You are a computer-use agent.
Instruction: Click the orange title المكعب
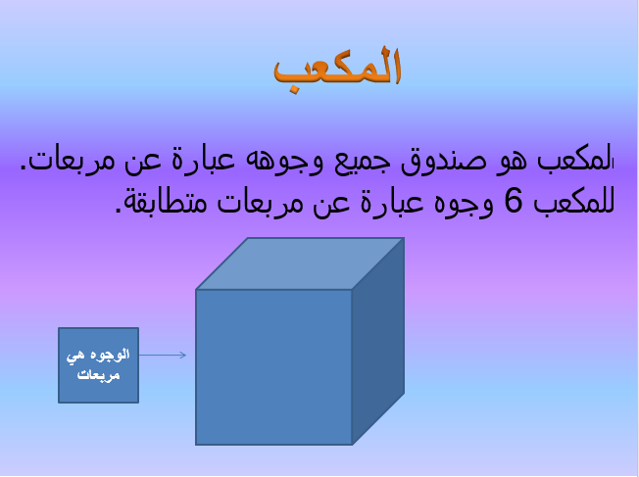[x=337, y=69]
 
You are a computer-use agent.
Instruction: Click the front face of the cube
[x=273, y=366]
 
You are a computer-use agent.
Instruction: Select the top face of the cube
[x=300, y=263]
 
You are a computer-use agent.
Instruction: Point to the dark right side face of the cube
[x=378, y=338]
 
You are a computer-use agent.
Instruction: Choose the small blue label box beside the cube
[x=98, y=364]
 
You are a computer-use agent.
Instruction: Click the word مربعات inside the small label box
[x=97, y=373]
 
